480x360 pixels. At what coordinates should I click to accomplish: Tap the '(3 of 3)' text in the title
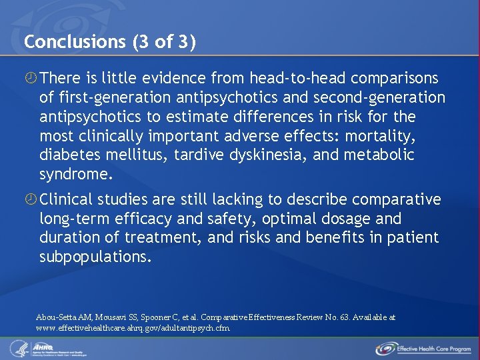165,42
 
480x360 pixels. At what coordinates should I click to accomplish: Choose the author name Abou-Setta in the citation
57,317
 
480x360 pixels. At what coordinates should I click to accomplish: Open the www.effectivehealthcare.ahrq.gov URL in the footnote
133,328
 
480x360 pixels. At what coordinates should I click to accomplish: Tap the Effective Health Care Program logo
423,348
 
